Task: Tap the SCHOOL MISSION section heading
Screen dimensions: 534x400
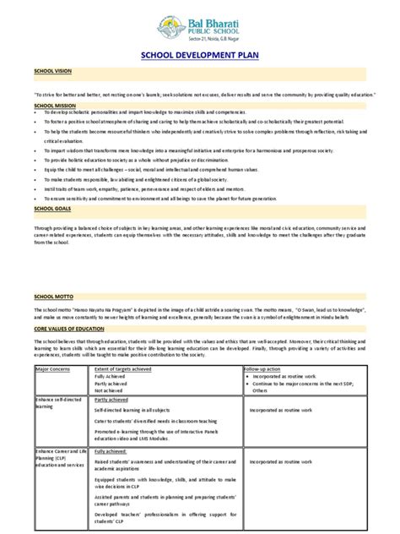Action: pyautogui.click(x=54, y=105)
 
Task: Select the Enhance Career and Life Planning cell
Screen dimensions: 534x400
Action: pyautogui.click(x=59, y=460)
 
